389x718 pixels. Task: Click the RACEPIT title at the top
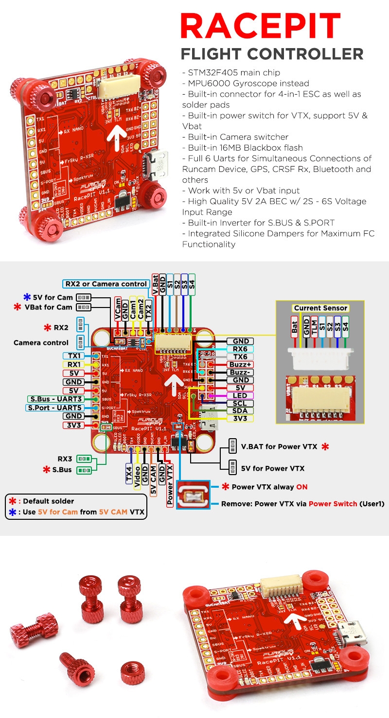point(260,26)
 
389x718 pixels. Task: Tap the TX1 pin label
point(74,356)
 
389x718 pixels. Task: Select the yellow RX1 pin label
point(74,365)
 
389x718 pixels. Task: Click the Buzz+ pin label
point(240,365)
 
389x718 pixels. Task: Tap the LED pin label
point(240,395)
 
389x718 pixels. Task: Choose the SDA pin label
point(240,411)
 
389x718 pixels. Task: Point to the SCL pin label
point(240,403)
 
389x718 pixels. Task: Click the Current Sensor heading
point(320,308)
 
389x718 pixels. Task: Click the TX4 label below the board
point(129,472)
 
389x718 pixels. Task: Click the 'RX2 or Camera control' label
point(106,284)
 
